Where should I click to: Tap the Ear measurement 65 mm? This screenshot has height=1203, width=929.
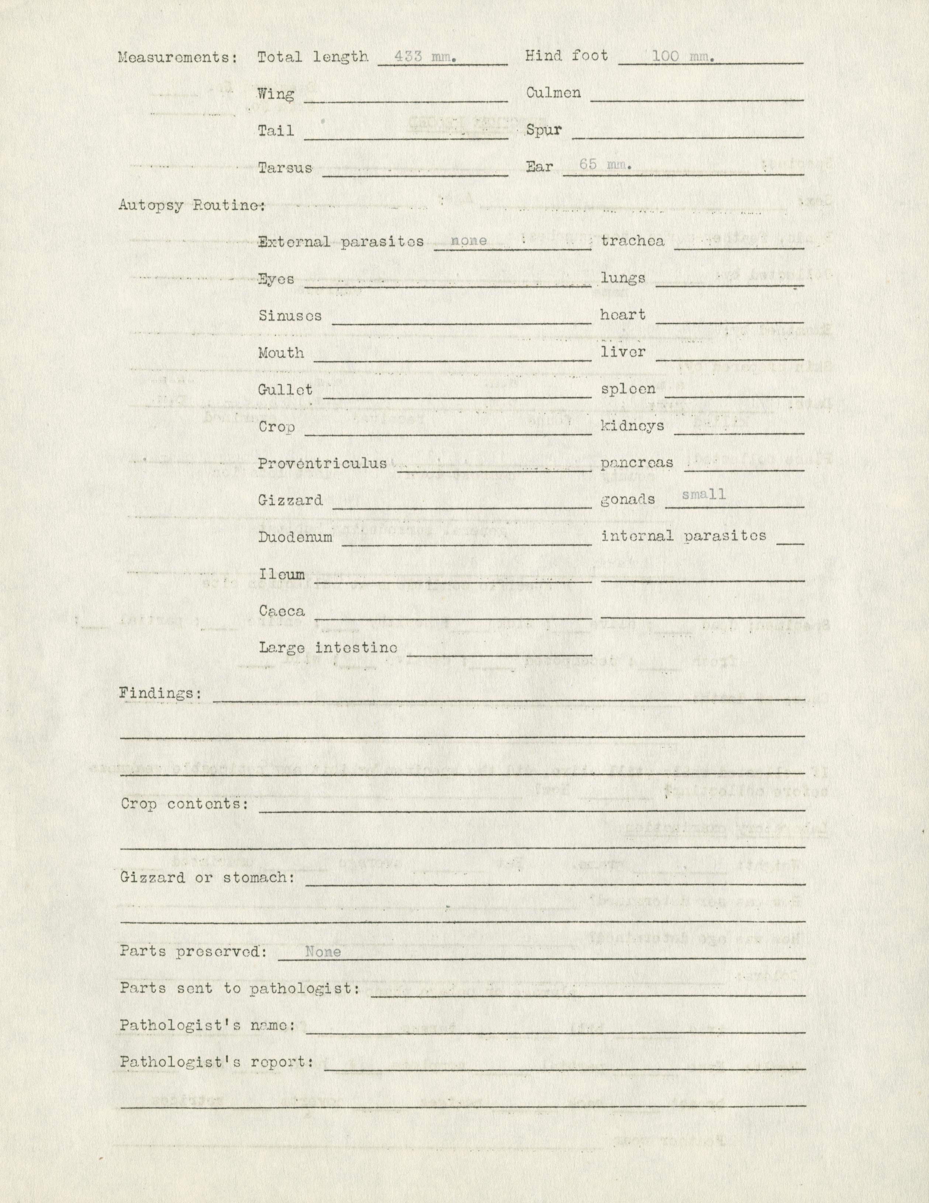pyautogui.click(x=605, y=165)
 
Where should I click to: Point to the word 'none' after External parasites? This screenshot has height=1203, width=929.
pyautogui.click(x=469, y=241)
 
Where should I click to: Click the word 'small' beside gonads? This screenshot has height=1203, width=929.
pyautogui.click(x=704, y=494)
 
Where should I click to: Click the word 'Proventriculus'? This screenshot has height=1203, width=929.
pyautogui.click(x=322, y=463)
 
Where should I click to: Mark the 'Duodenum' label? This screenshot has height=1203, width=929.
pyautogui.click(x=295, y=537)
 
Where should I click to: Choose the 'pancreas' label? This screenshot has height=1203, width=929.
pyautogui.click(x=637, y=463)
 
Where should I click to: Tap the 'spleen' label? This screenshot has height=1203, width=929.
pyautogui.click(x=628, y=389)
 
